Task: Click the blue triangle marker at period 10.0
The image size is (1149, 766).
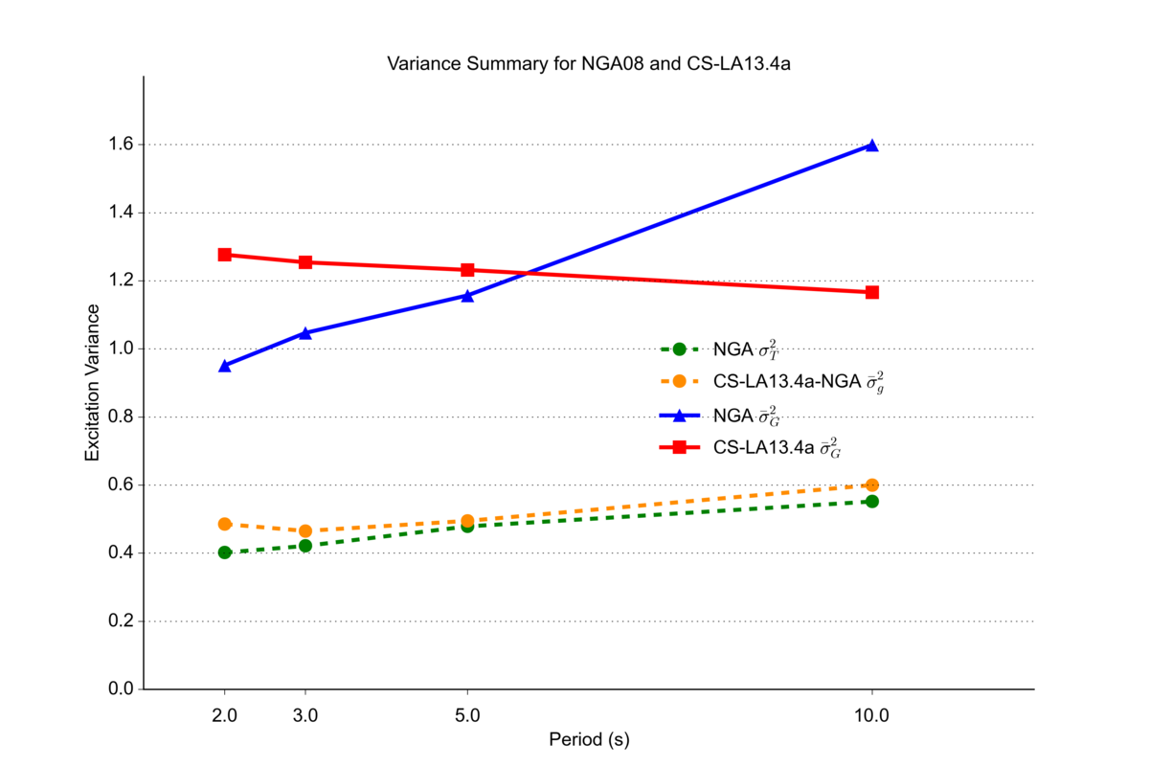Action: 871,146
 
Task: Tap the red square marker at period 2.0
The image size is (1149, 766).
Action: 225,255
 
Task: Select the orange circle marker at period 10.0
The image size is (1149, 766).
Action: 871,485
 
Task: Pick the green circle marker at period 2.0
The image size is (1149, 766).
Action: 225,552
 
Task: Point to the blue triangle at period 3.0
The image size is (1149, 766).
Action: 305,333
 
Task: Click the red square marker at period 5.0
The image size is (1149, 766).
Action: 467,270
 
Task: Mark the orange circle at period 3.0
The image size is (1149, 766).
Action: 305,530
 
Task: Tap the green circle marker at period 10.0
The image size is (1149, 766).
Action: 871,501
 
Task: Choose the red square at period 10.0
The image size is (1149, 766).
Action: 871,292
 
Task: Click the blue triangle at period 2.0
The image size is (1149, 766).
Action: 225,366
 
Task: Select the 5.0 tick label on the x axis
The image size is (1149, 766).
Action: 467,714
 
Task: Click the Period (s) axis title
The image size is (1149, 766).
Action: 589,740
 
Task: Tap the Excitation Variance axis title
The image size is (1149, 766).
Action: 93,383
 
